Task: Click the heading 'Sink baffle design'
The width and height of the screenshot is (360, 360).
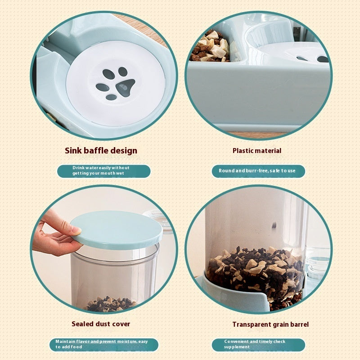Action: tap(101, 150)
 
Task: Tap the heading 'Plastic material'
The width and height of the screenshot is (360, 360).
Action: tap(256, 151)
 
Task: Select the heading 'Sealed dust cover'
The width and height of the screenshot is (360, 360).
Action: tap(101, 324)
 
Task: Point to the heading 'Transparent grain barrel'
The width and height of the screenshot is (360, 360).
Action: tap(270, 324)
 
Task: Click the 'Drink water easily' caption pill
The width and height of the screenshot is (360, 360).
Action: tap(103, 171)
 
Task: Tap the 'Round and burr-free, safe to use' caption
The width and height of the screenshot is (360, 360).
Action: tap(258, 171)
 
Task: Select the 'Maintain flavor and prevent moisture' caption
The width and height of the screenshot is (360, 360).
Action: tap(103, 345)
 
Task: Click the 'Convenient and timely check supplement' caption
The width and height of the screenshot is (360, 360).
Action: tap(258, 345)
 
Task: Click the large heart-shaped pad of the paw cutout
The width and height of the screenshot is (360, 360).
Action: tap(125, 86)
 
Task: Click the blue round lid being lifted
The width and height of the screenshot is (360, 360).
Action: tap(117, 229)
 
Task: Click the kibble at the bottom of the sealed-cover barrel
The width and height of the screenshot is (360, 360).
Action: tap(110, 305)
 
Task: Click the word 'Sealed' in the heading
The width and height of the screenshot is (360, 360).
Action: tap(83, 324)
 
